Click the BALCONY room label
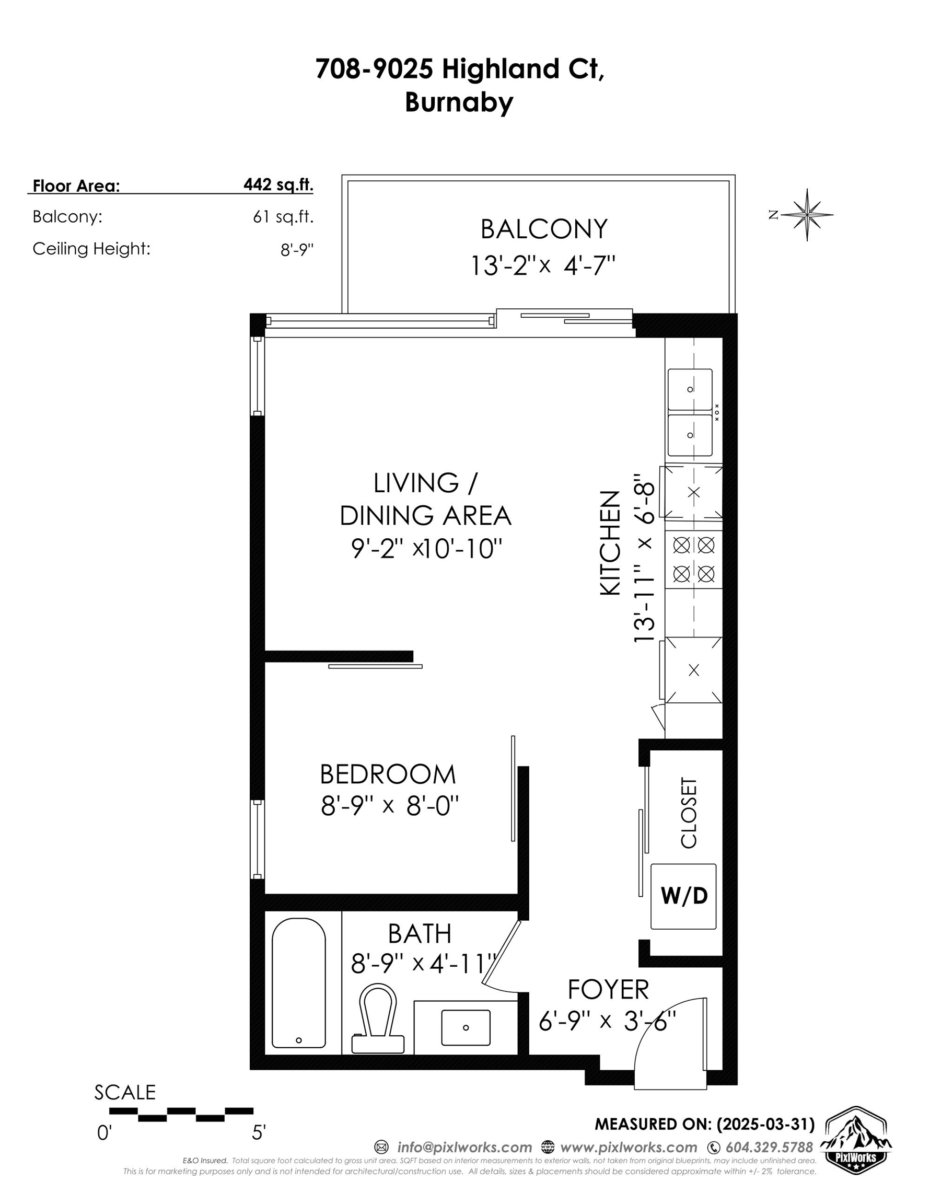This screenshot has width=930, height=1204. coord(543,229)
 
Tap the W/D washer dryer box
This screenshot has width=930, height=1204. coord(683,896)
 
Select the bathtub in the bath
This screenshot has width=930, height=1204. coord(299,983)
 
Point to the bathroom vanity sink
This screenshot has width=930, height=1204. coord(466,1027)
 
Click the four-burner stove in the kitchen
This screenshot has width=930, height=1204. coord(693,560)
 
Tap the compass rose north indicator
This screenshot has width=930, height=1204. coord(807,214)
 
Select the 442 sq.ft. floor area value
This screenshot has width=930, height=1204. coord(278,184)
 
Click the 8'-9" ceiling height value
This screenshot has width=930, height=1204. coord(297,250)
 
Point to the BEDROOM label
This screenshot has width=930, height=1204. coord(388,774)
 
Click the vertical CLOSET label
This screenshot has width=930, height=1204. coord(689,813)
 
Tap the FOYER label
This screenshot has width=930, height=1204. coord(608,990)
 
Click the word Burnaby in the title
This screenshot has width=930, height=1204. coord(459,102)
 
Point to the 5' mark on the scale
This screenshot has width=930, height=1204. coord(259,1132)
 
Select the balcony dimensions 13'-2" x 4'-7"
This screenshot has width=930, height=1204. coord(542,265)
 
